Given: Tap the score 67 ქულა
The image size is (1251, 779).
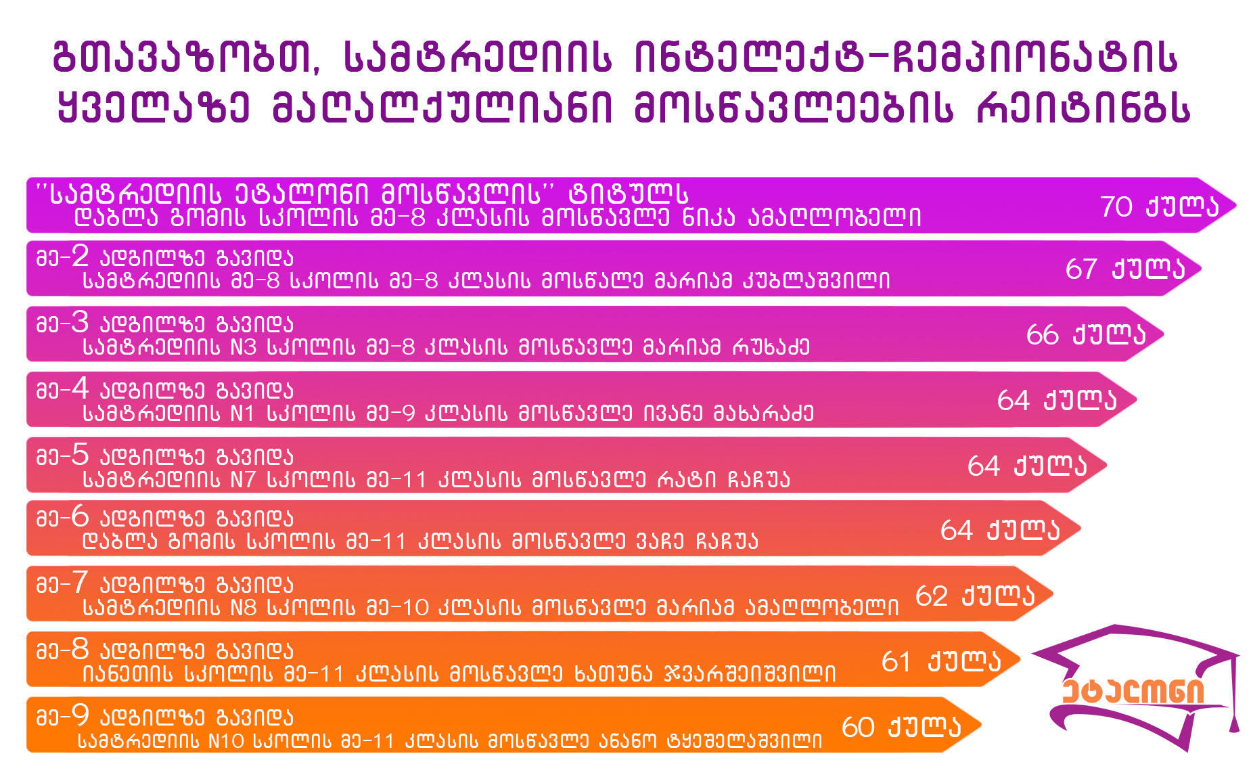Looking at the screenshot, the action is [x=1125, y=269].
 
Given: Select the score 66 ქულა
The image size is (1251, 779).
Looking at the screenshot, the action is [x=1086, y=334].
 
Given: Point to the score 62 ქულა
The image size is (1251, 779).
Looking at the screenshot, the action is [x=975, y=596].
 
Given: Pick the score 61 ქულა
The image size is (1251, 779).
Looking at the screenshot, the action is [x=941, y=661].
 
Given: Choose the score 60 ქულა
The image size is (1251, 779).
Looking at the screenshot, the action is [x=901, y=727].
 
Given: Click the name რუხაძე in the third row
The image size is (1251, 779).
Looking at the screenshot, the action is [x=771, y=347].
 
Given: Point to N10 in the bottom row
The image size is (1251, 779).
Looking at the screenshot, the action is [x=226, y=741].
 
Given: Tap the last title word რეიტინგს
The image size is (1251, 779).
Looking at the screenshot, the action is [x=1083, y=108].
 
